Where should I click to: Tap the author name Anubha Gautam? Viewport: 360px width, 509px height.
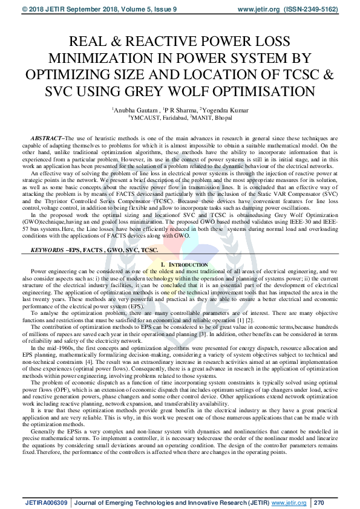tap(134, 111)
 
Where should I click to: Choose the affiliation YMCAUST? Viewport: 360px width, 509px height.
tap(149, 118)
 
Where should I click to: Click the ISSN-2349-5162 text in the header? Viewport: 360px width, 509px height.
tap(321, 10)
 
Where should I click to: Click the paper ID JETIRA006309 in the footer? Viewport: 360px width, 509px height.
tap(47, 501)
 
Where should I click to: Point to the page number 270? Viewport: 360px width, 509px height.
tap(319, 501)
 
